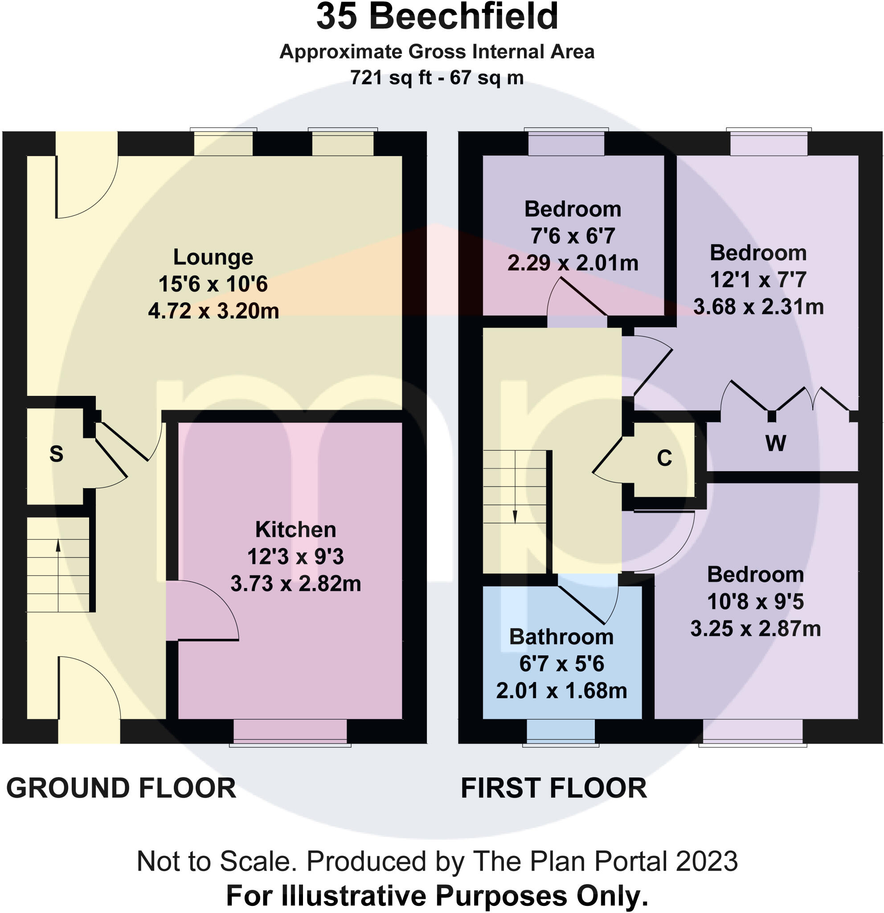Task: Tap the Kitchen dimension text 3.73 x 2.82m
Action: coord(295,584)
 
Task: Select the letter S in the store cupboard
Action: coord(56,454)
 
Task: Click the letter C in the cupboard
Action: coord(664,458)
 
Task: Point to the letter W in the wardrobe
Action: coord(776,443)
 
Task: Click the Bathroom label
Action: coord(561,637)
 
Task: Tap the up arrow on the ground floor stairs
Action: coord(58,546)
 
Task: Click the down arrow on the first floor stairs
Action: coord(515,516)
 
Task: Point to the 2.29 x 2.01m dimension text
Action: coord(573,263)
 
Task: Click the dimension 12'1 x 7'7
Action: coord(758,280)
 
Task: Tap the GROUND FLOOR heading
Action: coord(121,788)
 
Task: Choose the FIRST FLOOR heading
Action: coord(553,788)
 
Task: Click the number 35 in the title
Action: coord(336,17)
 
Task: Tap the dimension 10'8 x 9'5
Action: coord(755,602)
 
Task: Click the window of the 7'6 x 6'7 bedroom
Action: coord(566,143)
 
